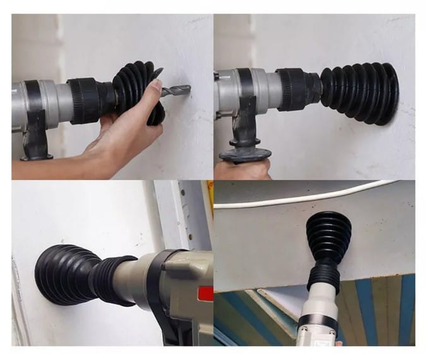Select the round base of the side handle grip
[245, 153]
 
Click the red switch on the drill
[205, 294]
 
